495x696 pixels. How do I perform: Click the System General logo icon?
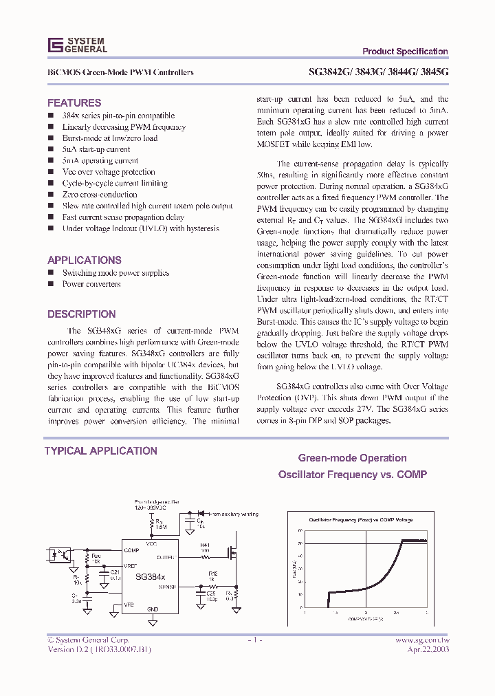(x=55, y=45)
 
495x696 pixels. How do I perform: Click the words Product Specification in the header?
(x=405, y=52)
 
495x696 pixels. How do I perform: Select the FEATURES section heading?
(x=74, y=102)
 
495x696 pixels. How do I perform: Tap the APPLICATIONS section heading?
(x=85, y=260)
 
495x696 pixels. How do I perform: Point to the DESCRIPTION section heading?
(x=81, y=314)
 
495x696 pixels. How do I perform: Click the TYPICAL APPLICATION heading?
(x=101, y=451)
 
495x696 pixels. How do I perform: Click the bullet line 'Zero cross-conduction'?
(x=100, y=195)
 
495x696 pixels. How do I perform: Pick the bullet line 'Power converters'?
(x=91, y=284)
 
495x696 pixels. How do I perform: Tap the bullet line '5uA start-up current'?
(x=96, y=149)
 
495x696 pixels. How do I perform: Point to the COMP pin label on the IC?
(x=131, y=550)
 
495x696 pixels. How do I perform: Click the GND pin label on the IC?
(x=153, y=609)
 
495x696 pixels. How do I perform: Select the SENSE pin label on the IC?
(x=167, y=587)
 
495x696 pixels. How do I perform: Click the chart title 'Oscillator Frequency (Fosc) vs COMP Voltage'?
(x=361, y=519)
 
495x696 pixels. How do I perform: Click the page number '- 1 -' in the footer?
(x=254, y=640)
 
